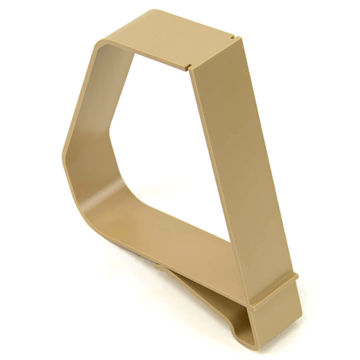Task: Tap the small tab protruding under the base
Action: click(x=158, y=266)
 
